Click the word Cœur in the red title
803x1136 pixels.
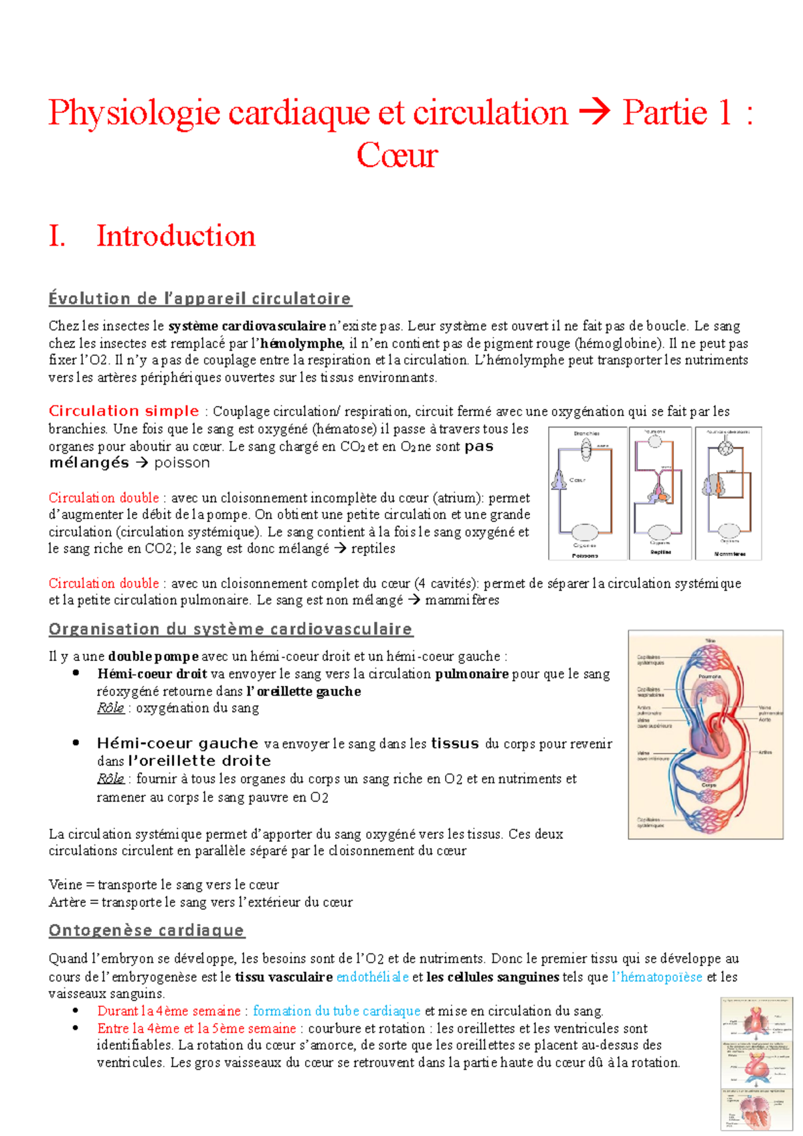coord(397,156)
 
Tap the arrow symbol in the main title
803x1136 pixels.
coord(594,112)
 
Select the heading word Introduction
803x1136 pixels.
coord(176,236)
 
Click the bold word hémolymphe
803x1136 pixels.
coord(301,343)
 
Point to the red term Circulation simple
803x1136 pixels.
coord(124,411)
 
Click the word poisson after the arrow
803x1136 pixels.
coord(181,463)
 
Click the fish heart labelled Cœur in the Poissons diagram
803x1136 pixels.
coord(559,479)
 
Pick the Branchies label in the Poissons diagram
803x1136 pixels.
coord(587,434)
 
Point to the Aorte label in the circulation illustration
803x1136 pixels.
coord(765,720)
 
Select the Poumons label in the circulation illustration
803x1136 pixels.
coord(709,676)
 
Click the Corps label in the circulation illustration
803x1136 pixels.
coord(709,785)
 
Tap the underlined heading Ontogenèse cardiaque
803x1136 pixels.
coord(147,930)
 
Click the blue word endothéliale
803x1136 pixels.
coord(372,977)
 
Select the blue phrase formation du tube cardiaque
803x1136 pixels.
coord(337,1011)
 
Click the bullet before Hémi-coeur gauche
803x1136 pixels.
coord(76,743)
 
